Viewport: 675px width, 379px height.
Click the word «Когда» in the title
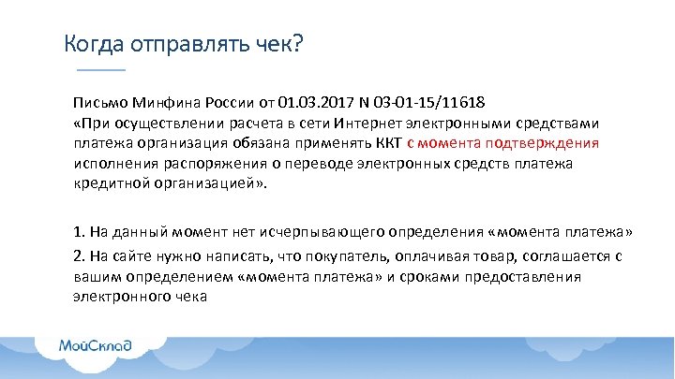click(90, 44)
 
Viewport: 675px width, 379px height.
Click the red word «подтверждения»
click(551, 143)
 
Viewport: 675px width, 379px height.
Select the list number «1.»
click(80, 231)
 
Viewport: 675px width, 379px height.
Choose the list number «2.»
click(80, 255)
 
